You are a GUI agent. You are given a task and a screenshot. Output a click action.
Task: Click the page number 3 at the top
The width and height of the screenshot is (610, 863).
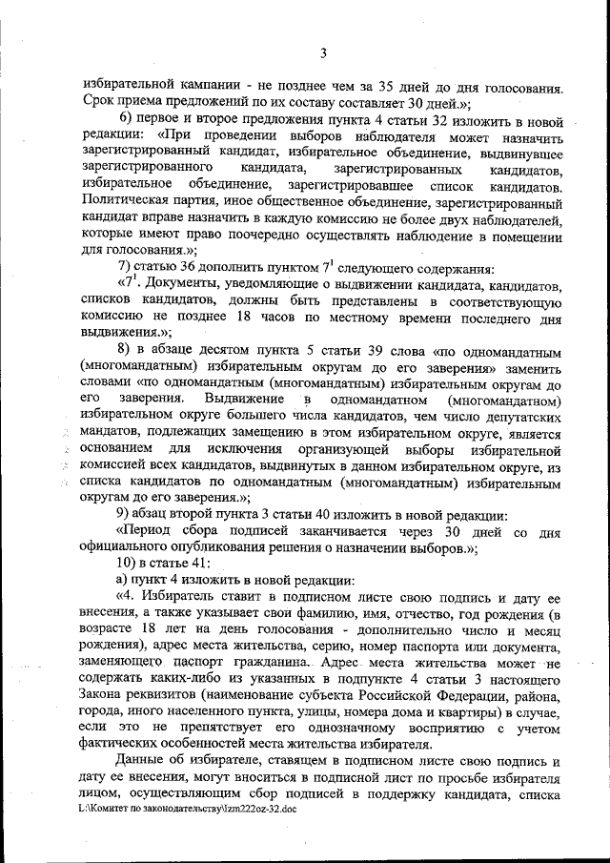click(x=323, y=52)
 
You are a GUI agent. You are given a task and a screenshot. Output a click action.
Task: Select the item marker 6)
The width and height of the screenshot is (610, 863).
click(x=126, y=116)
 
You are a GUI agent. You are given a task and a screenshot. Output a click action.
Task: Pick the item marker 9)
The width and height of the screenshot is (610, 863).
click(x=125, y=514)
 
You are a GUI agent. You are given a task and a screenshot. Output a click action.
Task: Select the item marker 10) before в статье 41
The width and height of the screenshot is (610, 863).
click(x=129, y=564)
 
